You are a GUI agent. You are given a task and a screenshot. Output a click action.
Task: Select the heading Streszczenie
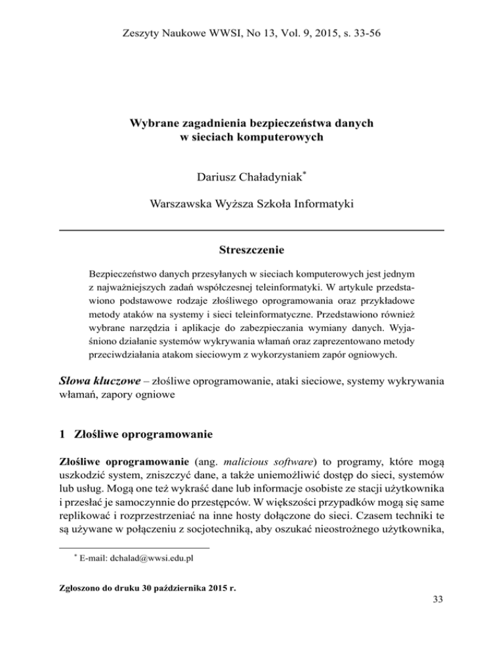(251, 250)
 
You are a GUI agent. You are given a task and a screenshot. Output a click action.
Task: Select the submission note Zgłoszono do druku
(102, 589)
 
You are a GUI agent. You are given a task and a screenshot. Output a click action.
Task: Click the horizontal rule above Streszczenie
(251, 230)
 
